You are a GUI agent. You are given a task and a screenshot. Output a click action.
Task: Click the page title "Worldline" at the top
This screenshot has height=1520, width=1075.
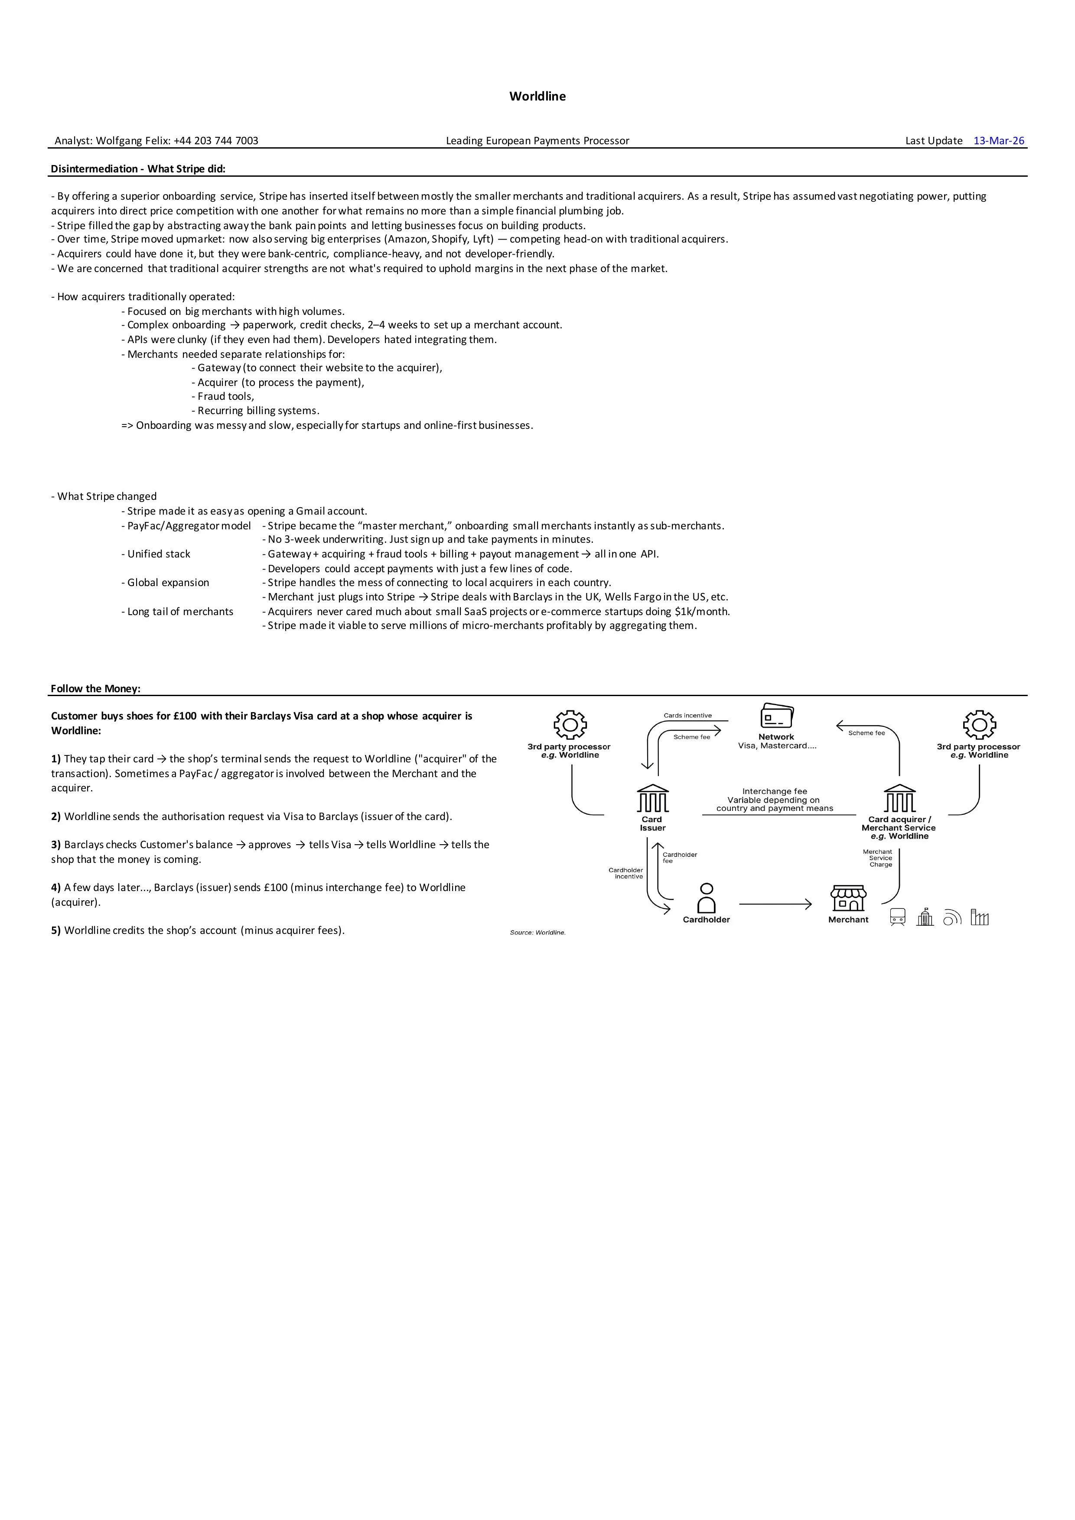click(537, 96)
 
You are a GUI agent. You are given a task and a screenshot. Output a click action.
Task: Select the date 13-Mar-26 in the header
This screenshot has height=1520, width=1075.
click(999, 140)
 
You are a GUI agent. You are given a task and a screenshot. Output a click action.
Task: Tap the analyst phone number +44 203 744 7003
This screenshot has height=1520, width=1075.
click(216, 140)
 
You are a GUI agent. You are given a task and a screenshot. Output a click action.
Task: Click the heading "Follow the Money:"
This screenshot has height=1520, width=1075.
click(95, 688)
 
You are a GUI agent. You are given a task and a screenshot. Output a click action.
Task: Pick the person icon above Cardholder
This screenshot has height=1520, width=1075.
click(707, 898)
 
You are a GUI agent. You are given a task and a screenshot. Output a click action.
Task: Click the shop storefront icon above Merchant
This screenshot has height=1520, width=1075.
click(848, 898)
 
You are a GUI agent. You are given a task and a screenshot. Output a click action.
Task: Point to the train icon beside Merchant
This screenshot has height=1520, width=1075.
click(897, 917)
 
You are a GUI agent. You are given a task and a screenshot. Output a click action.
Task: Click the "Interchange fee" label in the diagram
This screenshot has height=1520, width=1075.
click(774, 791)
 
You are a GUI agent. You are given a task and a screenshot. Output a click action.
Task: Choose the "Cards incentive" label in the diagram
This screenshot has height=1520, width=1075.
click(687, 716)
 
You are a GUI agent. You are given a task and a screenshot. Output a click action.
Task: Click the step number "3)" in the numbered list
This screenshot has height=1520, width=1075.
click(56, 845)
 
